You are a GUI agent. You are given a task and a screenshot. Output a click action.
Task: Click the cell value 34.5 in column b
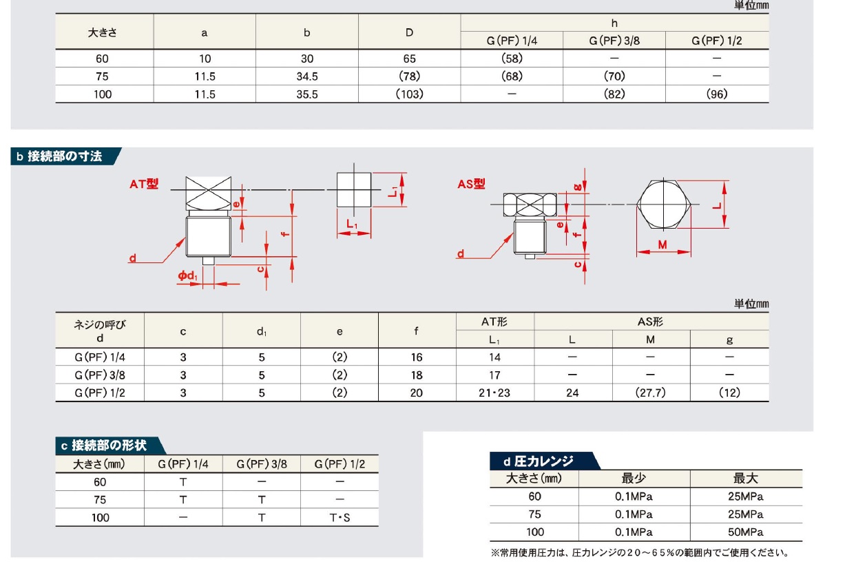(307, 76)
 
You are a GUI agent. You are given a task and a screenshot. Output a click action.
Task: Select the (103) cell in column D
(409, 94)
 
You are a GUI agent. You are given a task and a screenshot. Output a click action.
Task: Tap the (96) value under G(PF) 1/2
(716, 94)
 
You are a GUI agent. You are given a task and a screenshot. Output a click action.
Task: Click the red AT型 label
(144, 184)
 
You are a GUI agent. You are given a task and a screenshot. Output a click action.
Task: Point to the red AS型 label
(471, 184)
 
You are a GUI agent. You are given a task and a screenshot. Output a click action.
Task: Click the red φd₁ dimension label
(187, 275)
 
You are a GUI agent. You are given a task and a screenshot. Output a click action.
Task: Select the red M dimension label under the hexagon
(662, 244)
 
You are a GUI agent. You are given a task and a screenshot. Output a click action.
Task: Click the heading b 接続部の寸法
(59, 156)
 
